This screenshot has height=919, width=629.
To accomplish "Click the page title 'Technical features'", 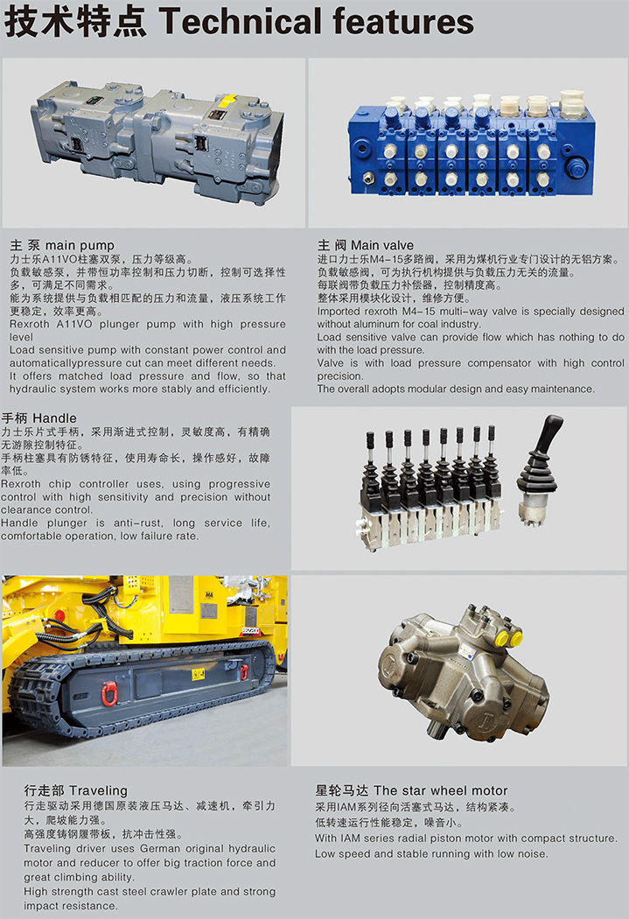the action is pos(317,21).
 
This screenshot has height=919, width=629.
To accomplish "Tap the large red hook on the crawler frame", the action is pos(109,694).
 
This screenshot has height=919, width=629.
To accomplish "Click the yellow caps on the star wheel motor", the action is pos(508,637).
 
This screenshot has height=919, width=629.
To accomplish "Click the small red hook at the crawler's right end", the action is pos(244,671).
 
